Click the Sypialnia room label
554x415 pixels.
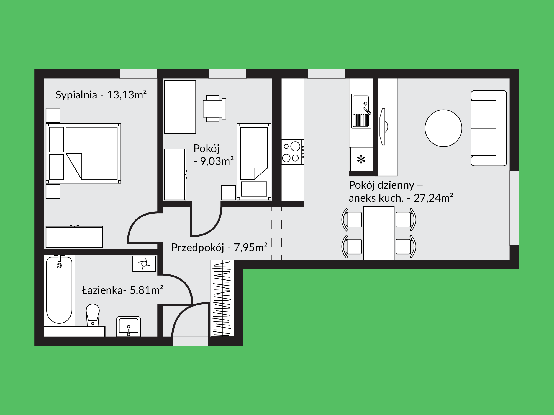(76, 95)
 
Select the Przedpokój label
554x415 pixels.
(198, 248)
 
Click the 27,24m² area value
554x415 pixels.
(434, 198)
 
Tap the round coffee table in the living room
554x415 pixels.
(443, 128)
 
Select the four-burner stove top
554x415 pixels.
(293, 152)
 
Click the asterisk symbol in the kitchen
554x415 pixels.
(361, 160)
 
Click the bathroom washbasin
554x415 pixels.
(129, 326)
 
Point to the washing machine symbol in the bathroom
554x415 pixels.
(144, 264)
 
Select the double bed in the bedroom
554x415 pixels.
(83, 153)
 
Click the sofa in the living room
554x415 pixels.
(489, 128)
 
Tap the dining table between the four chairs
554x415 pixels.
(379, 233)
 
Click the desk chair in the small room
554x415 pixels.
(215, 108)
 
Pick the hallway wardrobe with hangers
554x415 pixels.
(222, 298)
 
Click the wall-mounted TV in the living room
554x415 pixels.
(383, 126)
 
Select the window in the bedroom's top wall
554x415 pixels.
(138, 74)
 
